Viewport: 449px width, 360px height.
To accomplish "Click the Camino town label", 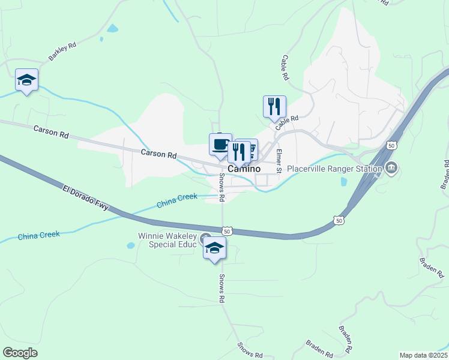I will pos(244,169).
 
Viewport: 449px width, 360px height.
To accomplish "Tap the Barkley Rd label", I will pos(62,53).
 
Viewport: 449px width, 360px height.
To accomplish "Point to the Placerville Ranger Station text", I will pos(334,169).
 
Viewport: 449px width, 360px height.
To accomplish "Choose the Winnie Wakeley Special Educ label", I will pos(167,241).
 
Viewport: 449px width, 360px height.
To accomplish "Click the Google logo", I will pos(20,353).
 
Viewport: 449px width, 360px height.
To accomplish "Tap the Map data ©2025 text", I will pos(423,355).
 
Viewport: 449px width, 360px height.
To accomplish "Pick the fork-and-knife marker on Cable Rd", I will pos(274,107).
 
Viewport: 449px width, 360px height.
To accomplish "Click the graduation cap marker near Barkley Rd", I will pos(26,80).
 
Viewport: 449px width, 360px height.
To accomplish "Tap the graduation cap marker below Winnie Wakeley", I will pos(214,248).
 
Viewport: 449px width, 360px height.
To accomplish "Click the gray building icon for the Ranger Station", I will pos(391,167).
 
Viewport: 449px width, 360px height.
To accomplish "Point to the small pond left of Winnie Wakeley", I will pos(130,245).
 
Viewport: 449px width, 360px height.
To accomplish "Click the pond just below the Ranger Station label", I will pos(343,181).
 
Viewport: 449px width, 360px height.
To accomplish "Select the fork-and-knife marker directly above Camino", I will pos(239,152).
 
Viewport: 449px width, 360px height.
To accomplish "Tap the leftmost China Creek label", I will pos(38,235).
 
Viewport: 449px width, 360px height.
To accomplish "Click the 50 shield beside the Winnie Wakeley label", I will pos(226,230).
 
